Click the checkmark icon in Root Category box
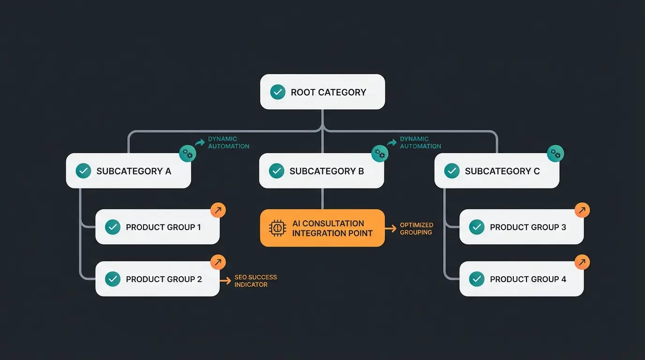277,92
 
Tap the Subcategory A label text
134,171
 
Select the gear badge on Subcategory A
187,153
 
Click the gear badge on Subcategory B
380,153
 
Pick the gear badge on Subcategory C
555,153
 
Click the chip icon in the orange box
277,228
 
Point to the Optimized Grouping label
416,229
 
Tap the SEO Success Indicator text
255,281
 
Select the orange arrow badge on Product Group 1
218,210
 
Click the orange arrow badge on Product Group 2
218,262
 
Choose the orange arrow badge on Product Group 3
582,210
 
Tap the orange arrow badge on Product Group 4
582,262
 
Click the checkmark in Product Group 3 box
477,227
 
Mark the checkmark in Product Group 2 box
112,279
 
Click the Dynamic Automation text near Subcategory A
228,142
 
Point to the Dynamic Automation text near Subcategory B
420,142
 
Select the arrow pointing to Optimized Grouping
390,229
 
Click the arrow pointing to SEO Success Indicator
226,280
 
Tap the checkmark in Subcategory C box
451,171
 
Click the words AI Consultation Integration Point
332,228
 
